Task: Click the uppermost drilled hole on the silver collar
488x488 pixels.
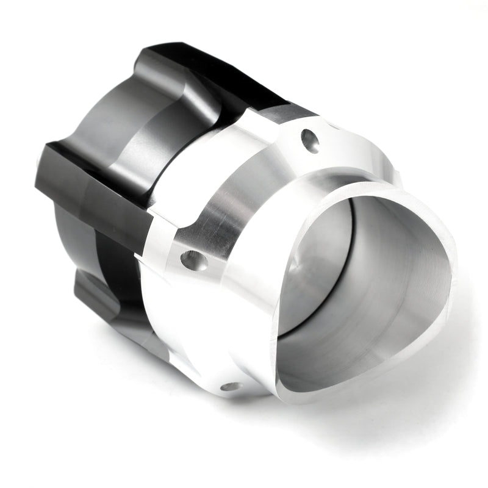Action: click(309, 141)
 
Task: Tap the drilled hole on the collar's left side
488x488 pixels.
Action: click(194, 260)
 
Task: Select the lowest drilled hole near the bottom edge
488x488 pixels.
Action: click(231, 386)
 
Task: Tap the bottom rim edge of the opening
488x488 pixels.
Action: click(366, 366)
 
